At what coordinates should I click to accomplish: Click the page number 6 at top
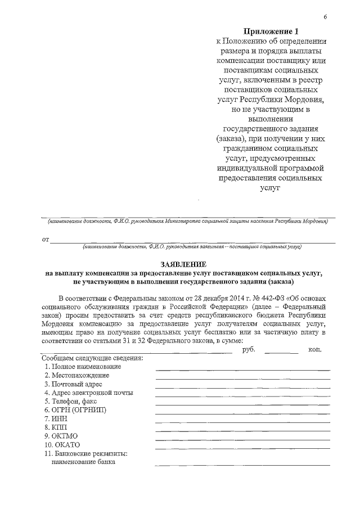[x=325, y=18]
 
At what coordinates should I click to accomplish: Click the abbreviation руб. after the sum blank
[x=249, y=349]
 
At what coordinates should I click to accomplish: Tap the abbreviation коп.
[x=314, y=349]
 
